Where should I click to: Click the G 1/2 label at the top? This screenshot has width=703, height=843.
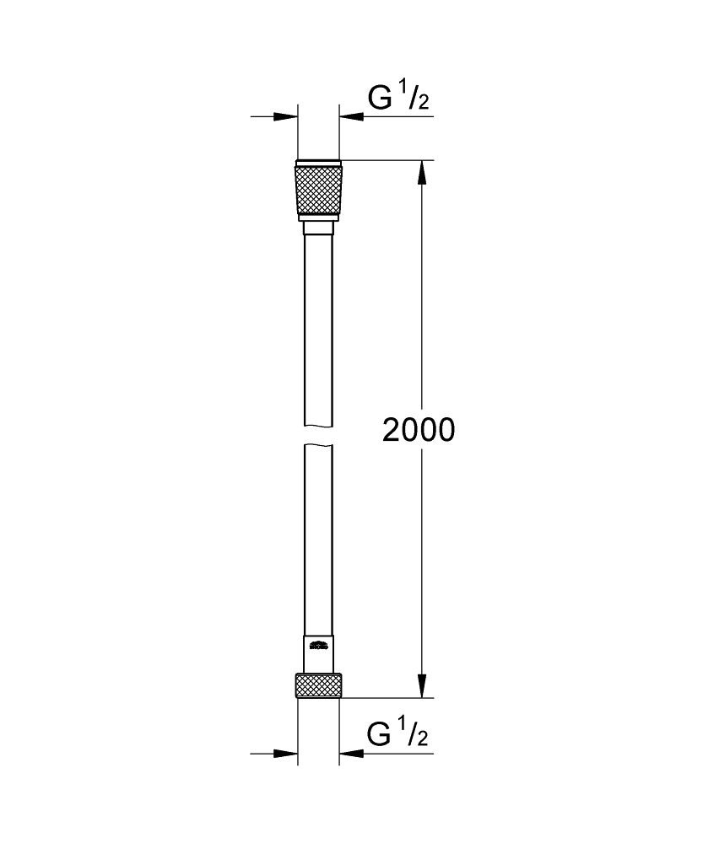[x=398, y=99]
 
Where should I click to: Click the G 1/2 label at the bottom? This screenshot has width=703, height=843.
[x=398, y=735]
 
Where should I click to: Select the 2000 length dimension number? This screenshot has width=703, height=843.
[x=419, y=430]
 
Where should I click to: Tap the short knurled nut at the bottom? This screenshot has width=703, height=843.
[x=318, y=685]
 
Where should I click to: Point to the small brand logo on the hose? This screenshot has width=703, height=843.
[x=319, y=647]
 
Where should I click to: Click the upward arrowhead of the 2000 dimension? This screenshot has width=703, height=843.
[x=423, y=172]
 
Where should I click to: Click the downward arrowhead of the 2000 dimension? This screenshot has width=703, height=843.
[x=423, y=686]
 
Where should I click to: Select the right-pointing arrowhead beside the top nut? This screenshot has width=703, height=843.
[x=287, y=116]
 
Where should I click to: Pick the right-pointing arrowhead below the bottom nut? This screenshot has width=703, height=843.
[x=287, y=753]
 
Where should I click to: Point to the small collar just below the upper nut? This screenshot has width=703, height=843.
[x=318, y=228]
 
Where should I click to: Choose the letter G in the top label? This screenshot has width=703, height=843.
[x=380, y=99]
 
